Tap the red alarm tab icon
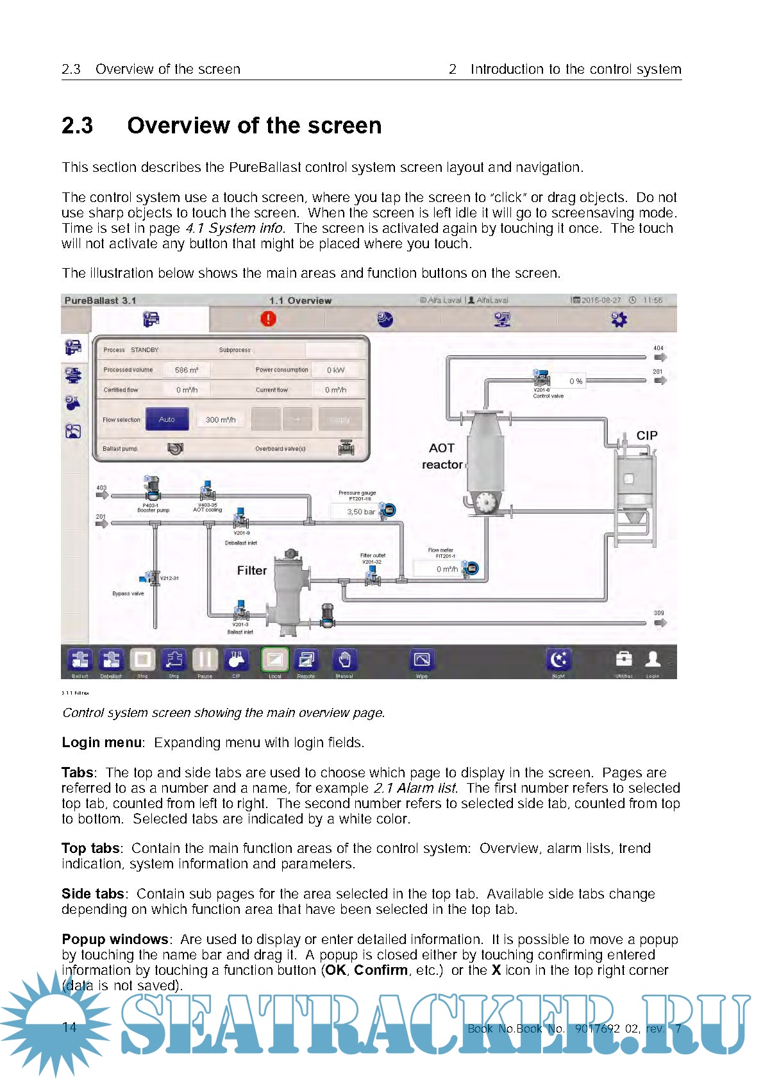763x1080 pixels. pyautogui.click(x=268, y=319)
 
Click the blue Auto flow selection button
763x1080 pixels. pyautogui.click(x=167, y=419)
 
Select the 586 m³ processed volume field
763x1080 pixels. pyautogui.click(x=186, y=370)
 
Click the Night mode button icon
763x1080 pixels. pyautogui.click(x=558, y=659)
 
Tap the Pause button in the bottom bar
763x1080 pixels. pyautogui.click(x=205, y=659)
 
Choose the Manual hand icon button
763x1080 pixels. pyautogui.click(x=344, y=659)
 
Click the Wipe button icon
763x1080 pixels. pyautogui.click(x=422, y=659)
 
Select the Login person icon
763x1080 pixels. pyautogui.click(x=653, y=659)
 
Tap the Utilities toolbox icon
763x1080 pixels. pyautogui.click(x=623, y=659)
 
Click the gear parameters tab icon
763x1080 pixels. pyautogui.click(x=619, y=319)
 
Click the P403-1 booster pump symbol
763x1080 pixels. pyautogui.click(x=152, y=489)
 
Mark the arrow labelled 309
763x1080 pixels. pyautogui.click(x=659, y=622)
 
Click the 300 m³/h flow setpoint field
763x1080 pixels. pyautogui.click(x=221, y=419)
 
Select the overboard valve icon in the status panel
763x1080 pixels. pyautogui.click(x=346, y=448)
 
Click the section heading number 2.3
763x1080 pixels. pyautogui.click(x=77, y=125)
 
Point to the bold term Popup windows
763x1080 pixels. pyautogui.click(x=115, y=939)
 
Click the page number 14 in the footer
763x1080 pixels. pyautogui.click(x=69, y=1027)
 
